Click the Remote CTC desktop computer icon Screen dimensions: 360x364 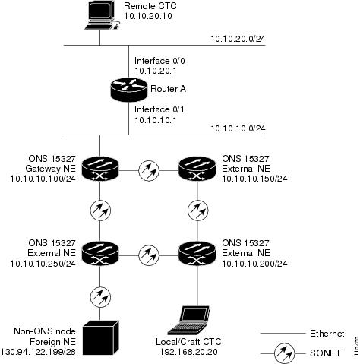coord(103,15)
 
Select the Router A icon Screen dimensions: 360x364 coord(129,90)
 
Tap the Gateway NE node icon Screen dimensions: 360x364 coord(100,169)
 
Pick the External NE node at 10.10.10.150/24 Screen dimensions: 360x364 coord(197,169)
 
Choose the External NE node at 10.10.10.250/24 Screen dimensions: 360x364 coord(100,254)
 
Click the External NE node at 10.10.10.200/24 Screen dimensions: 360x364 coord(197,254)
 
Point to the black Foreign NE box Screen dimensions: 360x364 coord(101,337)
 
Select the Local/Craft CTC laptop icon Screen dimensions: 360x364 coord(189,321)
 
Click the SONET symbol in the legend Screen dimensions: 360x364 coord(284,353)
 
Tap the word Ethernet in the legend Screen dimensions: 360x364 coord(327,334)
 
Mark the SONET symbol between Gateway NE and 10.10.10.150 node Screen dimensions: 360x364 coord(149,170)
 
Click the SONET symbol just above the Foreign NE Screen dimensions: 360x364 coord(100,297)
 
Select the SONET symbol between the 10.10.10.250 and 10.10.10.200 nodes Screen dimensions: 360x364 coord(149,255)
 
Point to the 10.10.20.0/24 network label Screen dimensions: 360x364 coord(238,39)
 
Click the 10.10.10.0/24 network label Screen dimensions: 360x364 coord(238,128)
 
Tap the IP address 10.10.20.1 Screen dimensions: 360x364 coord(156,71)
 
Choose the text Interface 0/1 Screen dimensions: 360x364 coord(159,109)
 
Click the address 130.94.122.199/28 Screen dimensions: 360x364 coord(38,352)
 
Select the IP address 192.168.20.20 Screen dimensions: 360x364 coord(188,352)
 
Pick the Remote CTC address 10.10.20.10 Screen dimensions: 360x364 coord(148,16)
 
